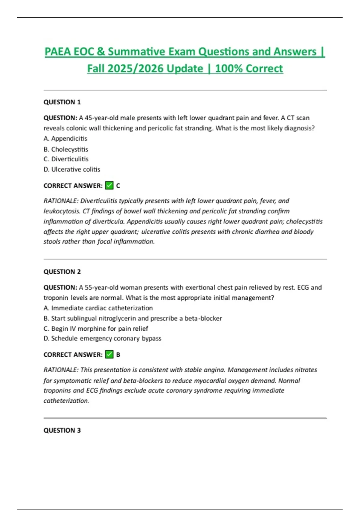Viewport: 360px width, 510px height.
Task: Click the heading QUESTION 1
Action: coord(62,102)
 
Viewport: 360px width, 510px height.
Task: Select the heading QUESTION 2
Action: coord(62,271)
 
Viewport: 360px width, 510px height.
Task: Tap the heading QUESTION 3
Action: coord(62,430)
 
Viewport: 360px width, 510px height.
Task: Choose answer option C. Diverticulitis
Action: coord(66,159)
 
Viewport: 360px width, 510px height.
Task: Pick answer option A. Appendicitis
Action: coord(65,138)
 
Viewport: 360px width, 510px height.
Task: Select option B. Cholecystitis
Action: coord(66,149)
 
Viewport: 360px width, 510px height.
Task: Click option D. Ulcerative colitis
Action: coord(72,169)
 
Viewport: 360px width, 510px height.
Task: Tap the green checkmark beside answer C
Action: coord(109,186)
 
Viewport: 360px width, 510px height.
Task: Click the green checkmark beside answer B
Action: coord(109,355)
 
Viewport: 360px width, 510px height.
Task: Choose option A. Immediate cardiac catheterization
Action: coord(98,308)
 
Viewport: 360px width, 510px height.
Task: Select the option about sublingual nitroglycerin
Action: coord(133,318)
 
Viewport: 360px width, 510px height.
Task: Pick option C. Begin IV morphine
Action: coord(96,328)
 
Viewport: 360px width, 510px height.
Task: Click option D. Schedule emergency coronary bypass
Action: coord(102,338)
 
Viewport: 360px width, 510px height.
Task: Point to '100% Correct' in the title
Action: coord(249,69)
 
